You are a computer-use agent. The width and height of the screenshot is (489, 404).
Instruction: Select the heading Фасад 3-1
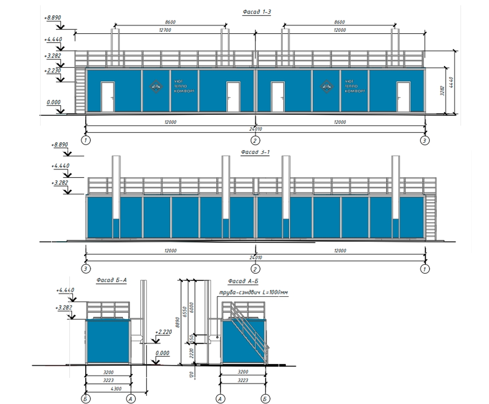click(x=254, y=152)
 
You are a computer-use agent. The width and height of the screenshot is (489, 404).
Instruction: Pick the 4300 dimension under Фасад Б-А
click(x=116, y=389)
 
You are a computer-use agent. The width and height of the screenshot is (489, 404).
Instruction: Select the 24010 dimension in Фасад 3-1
click(x=255, y=258)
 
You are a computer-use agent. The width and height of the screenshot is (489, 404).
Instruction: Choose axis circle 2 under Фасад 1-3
click(x=255, y=140)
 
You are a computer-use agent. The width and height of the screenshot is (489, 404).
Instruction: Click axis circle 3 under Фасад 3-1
click(x=86, y=268)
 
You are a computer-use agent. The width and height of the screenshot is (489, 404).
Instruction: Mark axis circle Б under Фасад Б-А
click(x=85, y=399)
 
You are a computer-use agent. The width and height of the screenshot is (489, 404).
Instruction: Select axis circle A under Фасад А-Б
click(x=220, y=399)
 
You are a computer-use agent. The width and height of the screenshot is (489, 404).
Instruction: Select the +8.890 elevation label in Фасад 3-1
click(x=59, y=144)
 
